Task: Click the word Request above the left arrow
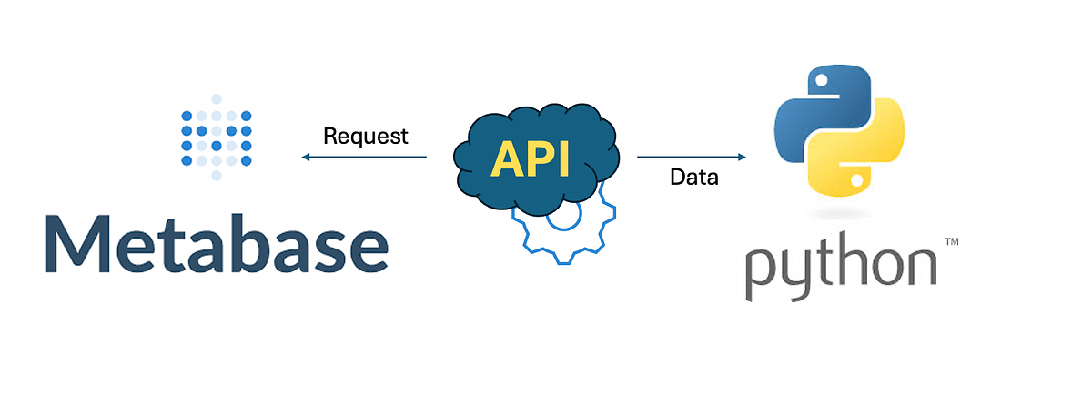[x=366, y=137]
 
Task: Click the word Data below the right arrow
[x=694, y=178]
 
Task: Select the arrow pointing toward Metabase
[x=364, y=158]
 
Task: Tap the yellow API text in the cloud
[x=530, y=159]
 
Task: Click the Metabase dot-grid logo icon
[x=216, y=137]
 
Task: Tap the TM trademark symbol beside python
[x=951, y=243]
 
